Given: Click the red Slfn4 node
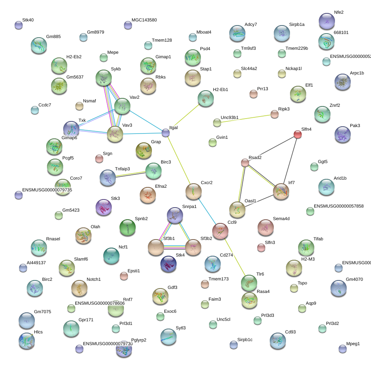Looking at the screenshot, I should click(x=297, y=134).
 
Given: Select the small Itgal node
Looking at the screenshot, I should click(x=166, y=133).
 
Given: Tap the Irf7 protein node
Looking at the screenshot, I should click(x=281, y=191).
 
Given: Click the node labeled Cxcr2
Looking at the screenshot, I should click(x=193, y=191).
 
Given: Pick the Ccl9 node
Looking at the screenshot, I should click(x=220, y=231).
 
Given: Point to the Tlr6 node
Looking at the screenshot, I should click(x=249, y=283).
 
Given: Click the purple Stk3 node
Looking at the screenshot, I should click(x=103, y=207).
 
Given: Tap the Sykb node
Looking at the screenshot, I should click(x=104, y=78).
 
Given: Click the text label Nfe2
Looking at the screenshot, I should click(x=339, y=12).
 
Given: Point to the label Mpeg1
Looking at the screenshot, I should click(x=353, y=344).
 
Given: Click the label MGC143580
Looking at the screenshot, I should click(x=144, y=20).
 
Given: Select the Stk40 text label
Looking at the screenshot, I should click(x=28, y=19).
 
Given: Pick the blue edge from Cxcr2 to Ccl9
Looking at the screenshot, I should click(x=207, y=210).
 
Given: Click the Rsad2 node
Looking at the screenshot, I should click(x=245, y=163).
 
